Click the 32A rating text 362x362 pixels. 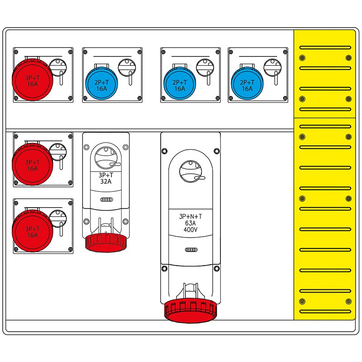(x=105, y=182)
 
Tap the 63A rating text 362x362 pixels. (x=191, y=223)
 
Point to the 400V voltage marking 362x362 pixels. (x=191, y=229)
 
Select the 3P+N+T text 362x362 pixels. (x=191, y=216)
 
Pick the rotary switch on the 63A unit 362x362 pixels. (x=191, y=171)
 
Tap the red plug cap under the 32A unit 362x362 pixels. (x=105, y=242)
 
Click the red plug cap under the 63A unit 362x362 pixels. (x=191, y=310)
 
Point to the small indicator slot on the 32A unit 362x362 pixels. (x=105, y=200)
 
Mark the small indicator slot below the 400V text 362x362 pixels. (x=191, y=250)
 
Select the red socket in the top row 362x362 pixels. (x=32, y=80)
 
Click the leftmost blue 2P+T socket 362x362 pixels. (x=102, y=84)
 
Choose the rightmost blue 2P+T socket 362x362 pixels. (x=247, y=84)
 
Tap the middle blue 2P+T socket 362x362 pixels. (x=180, y=84)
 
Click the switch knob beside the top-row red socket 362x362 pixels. (x=57, y=68)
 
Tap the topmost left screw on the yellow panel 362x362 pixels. (x=302, y=57)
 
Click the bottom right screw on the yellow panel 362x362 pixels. (x=348, y=301)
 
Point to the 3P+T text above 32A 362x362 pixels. (x=105, y=175)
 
